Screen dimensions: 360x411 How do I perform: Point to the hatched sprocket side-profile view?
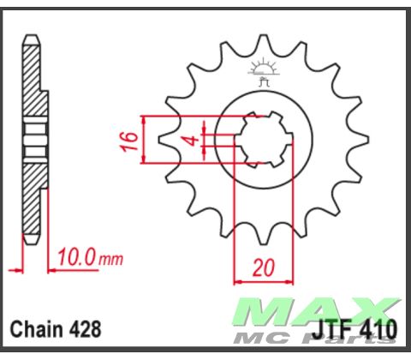32,146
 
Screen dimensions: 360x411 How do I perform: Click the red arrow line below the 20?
264,279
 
